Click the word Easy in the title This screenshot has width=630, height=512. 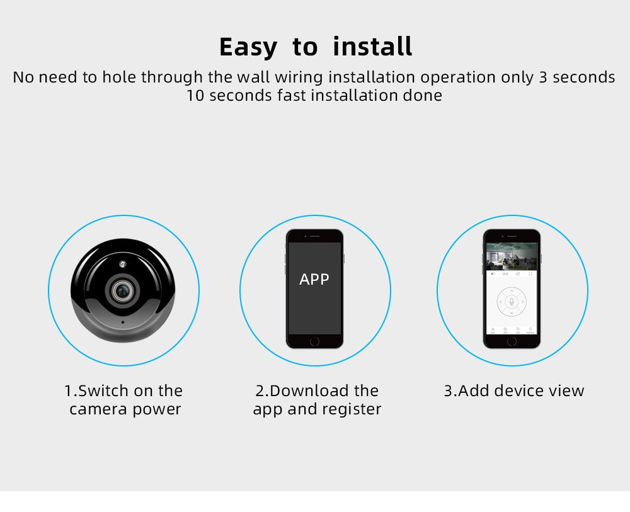pyautogui.click(x=248, y=48)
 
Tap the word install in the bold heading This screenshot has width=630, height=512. pyautogui.click(x=372, y=47)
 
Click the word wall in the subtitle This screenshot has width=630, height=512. pyautogui.click(x=253, y=77)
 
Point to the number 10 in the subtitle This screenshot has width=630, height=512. pyautogui.click(x=195, y=96)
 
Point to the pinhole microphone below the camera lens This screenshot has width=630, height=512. pyautogui.click(x=122, y=322)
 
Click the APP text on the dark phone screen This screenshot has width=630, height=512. pyautogui.click(x=314, y=279)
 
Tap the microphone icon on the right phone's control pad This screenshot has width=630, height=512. pyautogui.click(x=512, y=302)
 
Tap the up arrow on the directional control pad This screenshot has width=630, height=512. pyautogui.click(x=512, y=291)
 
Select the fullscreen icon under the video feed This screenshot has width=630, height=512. pyautogui.click(x=531, y=274)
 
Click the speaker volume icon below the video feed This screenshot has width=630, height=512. pyautogui.click(x=492, y=274)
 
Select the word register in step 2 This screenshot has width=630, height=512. pyautogui.click(x=353, y=410)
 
